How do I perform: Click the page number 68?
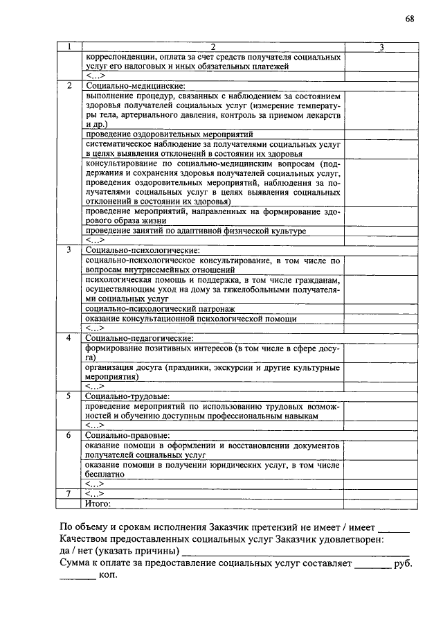[410, 19]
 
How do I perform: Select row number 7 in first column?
[69, 493]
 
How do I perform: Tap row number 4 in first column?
[69, 337]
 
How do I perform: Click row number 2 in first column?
[69, 85]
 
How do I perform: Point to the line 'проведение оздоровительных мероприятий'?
[170, 133]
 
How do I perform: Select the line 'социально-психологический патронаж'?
[161, 308]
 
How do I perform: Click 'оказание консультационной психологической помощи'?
[191, 318]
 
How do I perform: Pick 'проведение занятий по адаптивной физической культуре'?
[196, 230]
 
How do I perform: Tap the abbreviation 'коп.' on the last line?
[109, 576]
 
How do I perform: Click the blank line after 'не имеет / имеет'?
[395, 530]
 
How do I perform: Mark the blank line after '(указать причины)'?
[298, 552]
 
